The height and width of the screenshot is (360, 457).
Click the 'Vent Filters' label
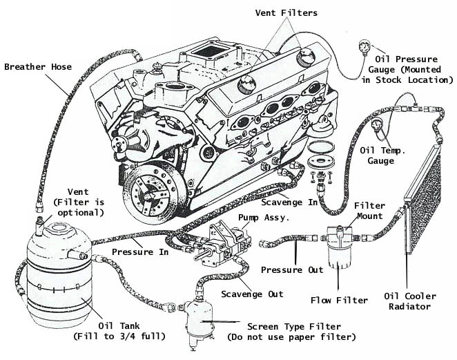point(287,12)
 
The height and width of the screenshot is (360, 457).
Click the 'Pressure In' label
point(144,252)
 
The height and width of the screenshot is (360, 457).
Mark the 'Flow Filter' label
point(340,301)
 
